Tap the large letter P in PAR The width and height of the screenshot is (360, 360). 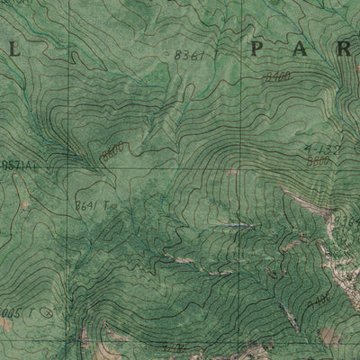tap(260, 49)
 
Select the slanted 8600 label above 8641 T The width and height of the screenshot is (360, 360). tap(112, 152)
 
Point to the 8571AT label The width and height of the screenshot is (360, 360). tap(20, 165)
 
